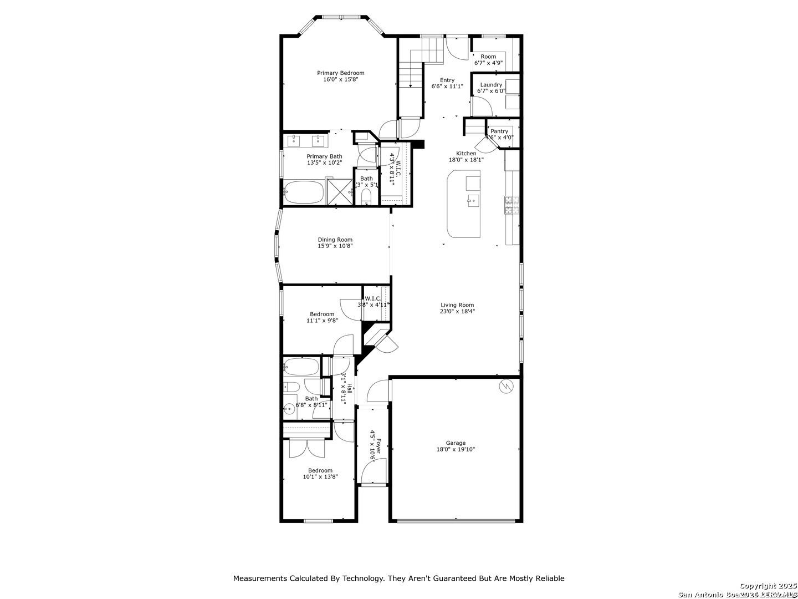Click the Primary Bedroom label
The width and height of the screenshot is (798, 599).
coord(340,73)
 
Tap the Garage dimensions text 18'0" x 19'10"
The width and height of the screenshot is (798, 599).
coord(456,450)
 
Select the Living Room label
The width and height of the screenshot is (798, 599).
coord(457,304)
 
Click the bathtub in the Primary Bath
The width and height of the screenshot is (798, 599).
coord(303,192)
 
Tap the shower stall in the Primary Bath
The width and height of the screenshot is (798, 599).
coord(339,192)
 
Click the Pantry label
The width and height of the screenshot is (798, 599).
coord(499,131)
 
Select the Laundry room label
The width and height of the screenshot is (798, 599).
coord(491,85)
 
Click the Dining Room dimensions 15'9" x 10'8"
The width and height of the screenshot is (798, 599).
coord(335,246)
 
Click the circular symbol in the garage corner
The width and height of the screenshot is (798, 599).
coord(507,387)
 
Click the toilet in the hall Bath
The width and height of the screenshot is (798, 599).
coord(291,387)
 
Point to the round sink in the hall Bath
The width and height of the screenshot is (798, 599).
coord(288,409)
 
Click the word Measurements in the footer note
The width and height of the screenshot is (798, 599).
coord(260,578)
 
